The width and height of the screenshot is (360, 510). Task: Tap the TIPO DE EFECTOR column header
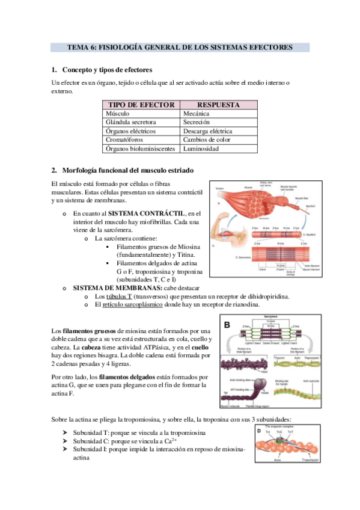click(141, 105)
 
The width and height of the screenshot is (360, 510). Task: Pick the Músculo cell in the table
click(118, 113)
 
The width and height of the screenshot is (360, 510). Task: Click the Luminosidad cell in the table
click(203, 149)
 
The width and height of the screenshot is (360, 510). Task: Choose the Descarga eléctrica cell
click(207, 131)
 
